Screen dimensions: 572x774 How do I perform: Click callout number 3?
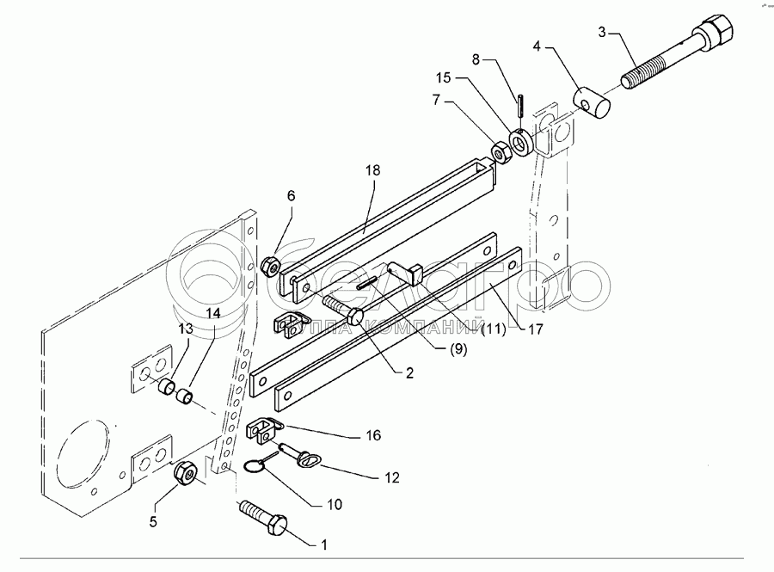click(x=603, y=32)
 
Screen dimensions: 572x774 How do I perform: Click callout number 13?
click(x=184, y=330)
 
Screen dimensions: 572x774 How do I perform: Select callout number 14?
click(x=212, y=314)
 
